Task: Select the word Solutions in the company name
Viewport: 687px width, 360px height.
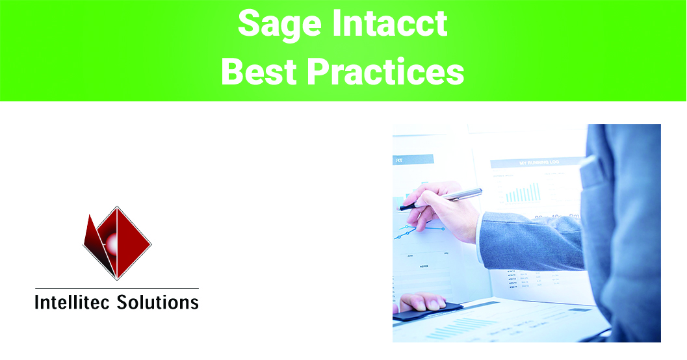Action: click(x=159, y=302)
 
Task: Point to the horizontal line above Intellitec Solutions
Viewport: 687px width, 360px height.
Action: click(x=117, y=288)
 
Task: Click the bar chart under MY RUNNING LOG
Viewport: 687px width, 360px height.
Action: click(x=523, y=192)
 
